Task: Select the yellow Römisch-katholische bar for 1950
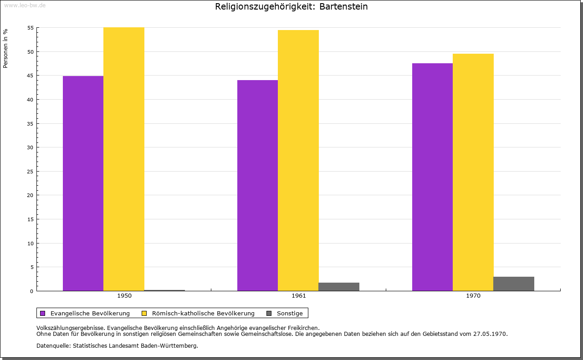[x=124, y=159]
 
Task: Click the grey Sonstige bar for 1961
[x=339, y=287]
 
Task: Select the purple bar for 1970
[x=432, y=177]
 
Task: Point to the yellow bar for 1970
[x=473, y=172]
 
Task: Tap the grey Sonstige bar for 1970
[x=513, y=284]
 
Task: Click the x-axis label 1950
[x=124, y=296]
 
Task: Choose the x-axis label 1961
[x=299, y=296]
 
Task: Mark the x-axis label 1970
[x=473, y=296]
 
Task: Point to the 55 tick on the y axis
[x=31, y=28]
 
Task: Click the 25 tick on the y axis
[x=31, y=172]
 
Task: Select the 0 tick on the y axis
[x=32, y=291]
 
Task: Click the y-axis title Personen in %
[x=5, y=48]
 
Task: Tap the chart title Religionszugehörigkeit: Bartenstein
[x=291, y=7]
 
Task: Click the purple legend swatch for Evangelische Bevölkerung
[x=43, y=313]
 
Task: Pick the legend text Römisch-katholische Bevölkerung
[x=203, y=313]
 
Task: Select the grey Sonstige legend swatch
[x=269, y=313]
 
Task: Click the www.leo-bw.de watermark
[x=25, y=5]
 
